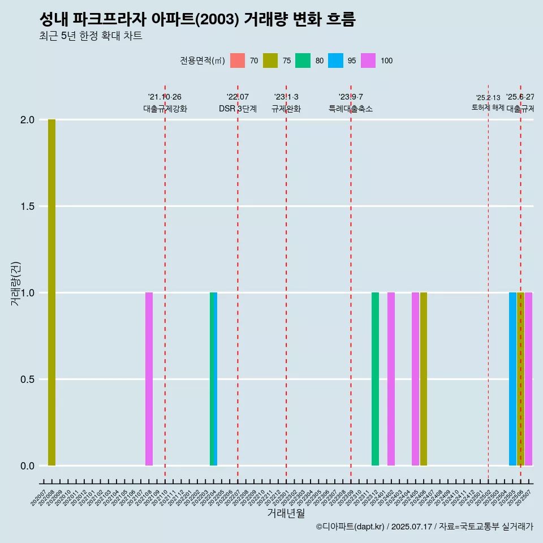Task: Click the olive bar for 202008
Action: [51, 292]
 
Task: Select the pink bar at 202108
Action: [149, 379]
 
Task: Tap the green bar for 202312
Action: [375, 379]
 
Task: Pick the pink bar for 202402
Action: [391, 379]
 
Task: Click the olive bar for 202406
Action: [424, 379]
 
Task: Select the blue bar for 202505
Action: [512, 379]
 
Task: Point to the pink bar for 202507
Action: [529, 379]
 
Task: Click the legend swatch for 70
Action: [238, 61]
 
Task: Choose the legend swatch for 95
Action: [335, 61]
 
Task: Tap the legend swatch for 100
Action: [368, 61]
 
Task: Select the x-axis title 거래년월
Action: [286, 514]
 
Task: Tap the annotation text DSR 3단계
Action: [238, 109]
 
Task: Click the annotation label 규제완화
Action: [286, 109]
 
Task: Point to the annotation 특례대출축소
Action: [351, 109]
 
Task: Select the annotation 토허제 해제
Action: [488, 107]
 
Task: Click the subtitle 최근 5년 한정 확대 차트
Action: [90, 36]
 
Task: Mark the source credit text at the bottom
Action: [424, 527]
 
